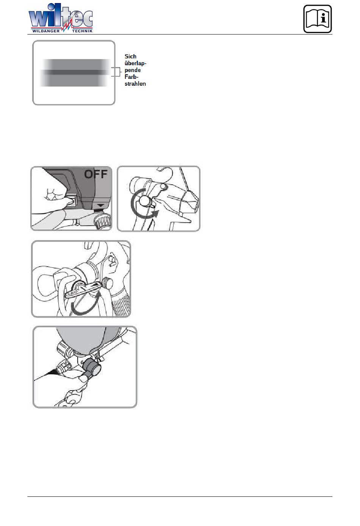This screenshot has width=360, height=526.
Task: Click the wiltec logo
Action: click(61, 18)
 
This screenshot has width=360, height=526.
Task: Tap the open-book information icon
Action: click(317, 19)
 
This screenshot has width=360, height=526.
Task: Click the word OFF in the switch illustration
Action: click(96, 174)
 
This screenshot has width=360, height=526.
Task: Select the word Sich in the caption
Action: click(130, 57)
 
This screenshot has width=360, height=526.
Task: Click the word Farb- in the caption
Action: click(131, 77)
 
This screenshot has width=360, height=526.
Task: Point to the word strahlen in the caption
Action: click(135, 83)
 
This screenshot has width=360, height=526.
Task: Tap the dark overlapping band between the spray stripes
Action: click(75, 72)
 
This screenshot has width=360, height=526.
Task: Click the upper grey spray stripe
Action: click(77, 64)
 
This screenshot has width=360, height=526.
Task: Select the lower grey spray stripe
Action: click(74, 80)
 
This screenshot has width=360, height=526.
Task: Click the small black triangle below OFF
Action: click(101, 205)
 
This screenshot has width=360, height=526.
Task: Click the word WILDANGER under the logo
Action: click(46, 31)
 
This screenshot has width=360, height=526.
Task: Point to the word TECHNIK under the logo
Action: click(82, 31)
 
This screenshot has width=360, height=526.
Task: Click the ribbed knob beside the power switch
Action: click(102, 221)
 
